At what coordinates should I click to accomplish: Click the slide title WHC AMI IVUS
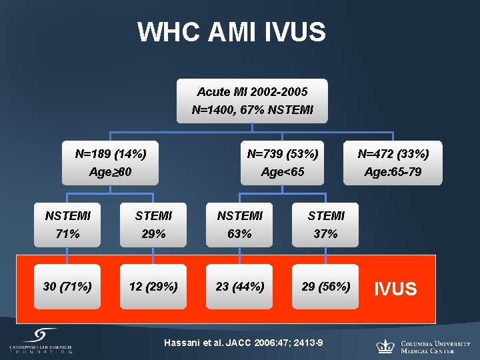coord(231,32)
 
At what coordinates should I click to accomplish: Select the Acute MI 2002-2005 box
coord(252,101)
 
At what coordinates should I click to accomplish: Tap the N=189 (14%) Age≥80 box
coord(111,163)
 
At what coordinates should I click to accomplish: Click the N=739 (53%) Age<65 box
coord(283,163)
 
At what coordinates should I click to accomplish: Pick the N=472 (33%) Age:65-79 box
coord(393,163)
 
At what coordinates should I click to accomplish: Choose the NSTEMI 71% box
coord(67,225)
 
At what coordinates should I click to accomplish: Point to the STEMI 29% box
coord(153,225)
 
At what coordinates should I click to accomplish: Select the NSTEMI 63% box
coord(239,225)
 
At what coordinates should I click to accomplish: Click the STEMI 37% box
coord(325,225)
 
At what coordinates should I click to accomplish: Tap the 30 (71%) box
coord(67,287)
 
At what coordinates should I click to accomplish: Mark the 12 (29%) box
coord(153,287)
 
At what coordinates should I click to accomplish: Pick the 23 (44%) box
coord(239,287)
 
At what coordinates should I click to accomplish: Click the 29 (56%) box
coord(325,287)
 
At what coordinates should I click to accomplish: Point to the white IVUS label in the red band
coord(395,289)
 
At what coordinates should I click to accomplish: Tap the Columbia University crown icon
coord(385,346)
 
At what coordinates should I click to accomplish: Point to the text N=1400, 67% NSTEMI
coord(252,109)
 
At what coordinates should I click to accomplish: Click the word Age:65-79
coord(393,172)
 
